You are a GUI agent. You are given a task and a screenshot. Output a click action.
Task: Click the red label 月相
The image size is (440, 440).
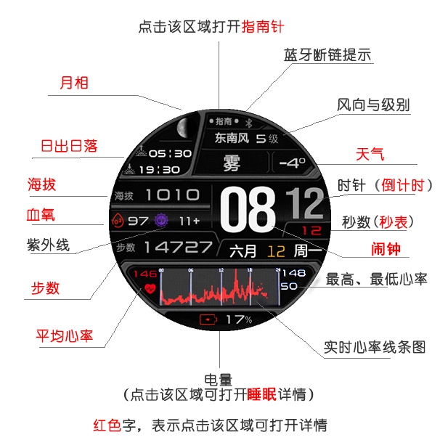73,83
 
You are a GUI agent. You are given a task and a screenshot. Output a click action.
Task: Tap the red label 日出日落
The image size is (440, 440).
68,146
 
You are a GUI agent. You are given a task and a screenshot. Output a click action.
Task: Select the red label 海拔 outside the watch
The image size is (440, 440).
41,184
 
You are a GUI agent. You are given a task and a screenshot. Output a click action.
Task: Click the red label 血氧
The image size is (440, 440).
41,215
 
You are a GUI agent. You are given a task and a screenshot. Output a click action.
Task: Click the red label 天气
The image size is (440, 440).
370,155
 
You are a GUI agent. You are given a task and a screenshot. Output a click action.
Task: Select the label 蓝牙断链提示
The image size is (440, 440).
327,55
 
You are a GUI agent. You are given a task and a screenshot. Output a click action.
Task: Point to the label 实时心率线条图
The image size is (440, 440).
374,347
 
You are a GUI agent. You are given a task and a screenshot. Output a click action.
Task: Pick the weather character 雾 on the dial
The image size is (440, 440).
232,161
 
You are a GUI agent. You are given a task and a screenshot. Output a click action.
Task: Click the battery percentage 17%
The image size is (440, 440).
238,319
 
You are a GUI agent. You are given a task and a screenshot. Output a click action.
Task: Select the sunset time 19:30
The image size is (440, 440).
158,169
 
